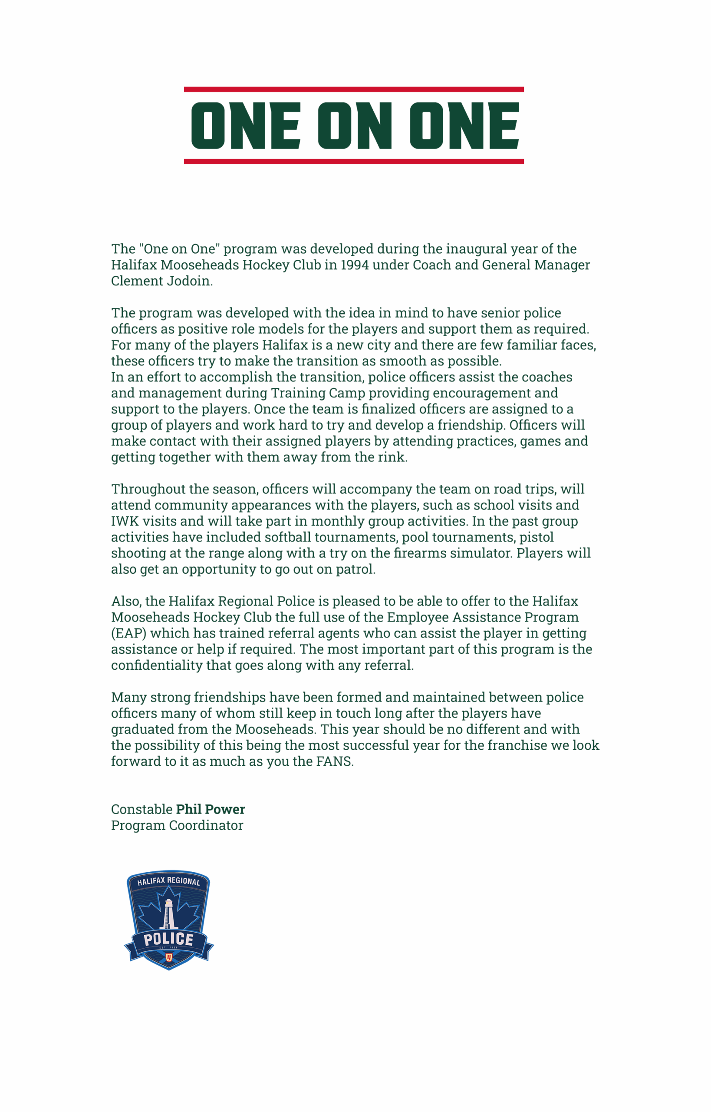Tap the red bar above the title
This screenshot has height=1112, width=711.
pos(354,89)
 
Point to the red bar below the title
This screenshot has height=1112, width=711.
pos(354,162)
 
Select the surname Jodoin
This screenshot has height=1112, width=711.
pos(189,281)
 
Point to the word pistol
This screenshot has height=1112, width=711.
pos(537,537)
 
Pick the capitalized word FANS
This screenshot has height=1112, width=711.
pos(334,761)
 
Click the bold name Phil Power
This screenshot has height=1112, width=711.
pos(211,809)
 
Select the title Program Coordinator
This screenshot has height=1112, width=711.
pos(177,826)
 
